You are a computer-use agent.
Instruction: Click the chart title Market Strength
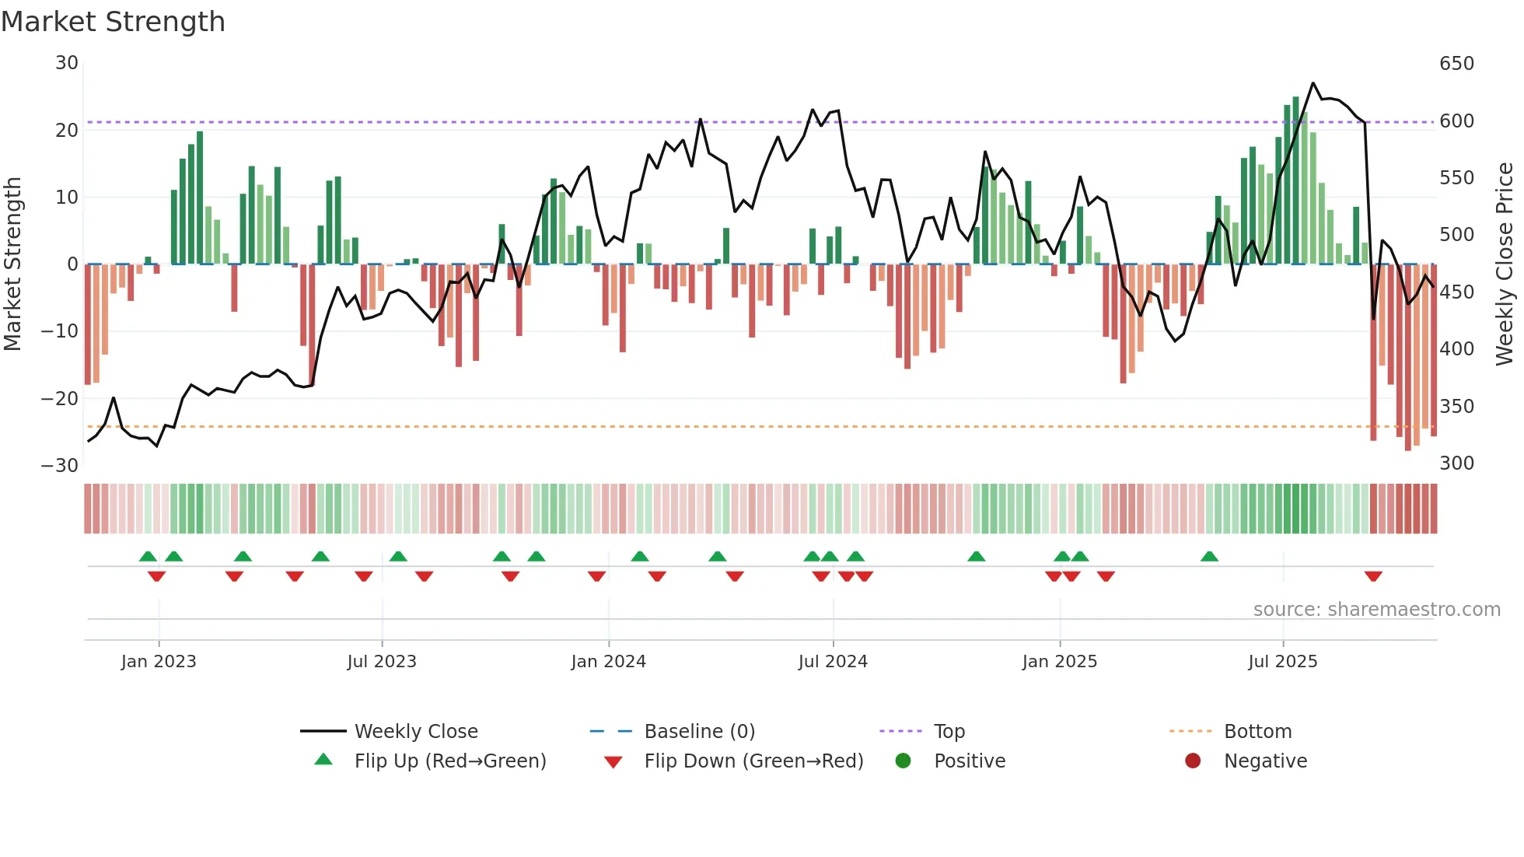(114, 22)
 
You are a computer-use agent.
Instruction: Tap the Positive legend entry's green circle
(903, 761)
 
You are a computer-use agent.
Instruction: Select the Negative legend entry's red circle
(1193, 761)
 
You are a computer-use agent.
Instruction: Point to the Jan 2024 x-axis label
(608, 662)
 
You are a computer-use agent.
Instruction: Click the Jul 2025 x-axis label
(1283, 662)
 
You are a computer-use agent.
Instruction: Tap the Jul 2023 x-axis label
(382, 662)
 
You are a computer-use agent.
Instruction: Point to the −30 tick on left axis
(60, 466)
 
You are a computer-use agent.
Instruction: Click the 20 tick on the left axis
(67, 131)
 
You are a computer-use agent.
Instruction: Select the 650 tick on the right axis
(1456, 64)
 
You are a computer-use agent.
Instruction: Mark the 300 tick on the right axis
(1456, 463)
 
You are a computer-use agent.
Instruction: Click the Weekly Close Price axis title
(1505, 264)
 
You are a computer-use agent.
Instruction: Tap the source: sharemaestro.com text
(1376, 610)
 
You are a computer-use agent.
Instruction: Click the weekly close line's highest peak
(1313, 83)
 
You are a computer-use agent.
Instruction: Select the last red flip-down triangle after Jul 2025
(1373, 577)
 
